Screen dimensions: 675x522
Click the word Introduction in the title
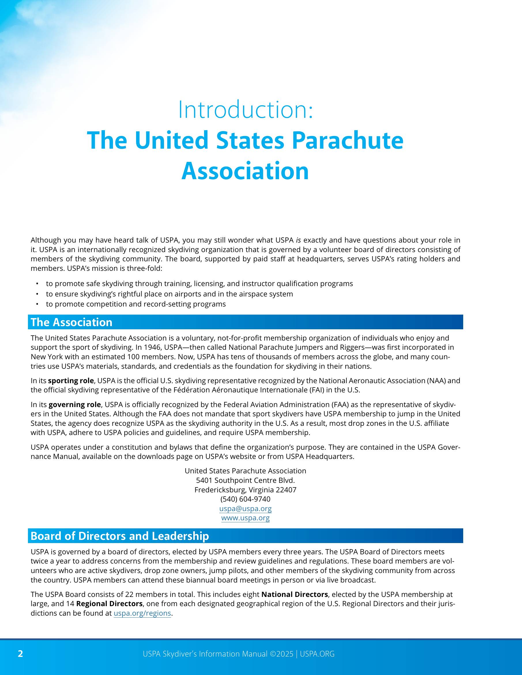coord(245,110)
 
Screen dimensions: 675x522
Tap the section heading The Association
coord(71,322)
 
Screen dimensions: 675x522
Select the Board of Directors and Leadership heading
coord(120,536)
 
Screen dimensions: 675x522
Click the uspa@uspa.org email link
coord(245,508)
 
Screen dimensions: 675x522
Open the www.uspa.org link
coord(245,518)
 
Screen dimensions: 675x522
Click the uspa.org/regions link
coord(142,613)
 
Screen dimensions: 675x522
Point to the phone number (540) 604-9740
coord(245,499)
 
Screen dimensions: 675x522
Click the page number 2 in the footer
coord(20,654)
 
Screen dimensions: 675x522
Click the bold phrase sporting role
coord(71,381)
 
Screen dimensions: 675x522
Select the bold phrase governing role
coord(75,404)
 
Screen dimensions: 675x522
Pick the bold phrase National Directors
coord(294,594)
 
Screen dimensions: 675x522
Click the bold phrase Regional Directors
coord(109,604)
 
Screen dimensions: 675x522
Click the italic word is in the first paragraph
coord(298,240)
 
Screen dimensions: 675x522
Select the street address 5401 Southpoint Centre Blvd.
coord(245,480)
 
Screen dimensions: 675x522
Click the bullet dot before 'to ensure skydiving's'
coord(37,294)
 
